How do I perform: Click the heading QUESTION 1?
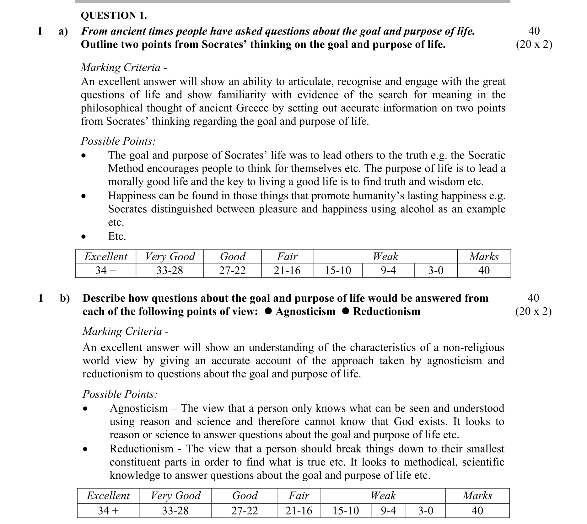(x=114, y=15)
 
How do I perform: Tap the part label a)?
(x=63, y=31)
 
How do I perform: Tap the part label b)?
(x=65, y=298)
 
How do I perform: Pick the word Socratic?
(x=487, y=155)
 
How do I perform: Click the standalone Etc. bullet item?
(x=117, y=236)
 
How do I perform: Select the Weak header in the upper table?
(x=385, y=257)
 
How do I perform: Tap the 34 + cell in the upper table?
(x=106, y=270)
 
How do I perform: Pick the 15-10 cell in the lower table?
(x=345, y=511)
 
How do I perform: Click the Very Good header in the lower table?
(x=175, y=495)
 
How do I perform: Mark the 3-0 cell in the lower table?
(x=425, y=511)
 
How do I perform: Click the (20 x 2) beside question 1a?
(x=534, y=45)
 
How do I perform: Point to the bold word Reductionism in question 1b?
(x=386, y=311)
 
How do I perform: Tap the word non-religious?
(x=473, y=348)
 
